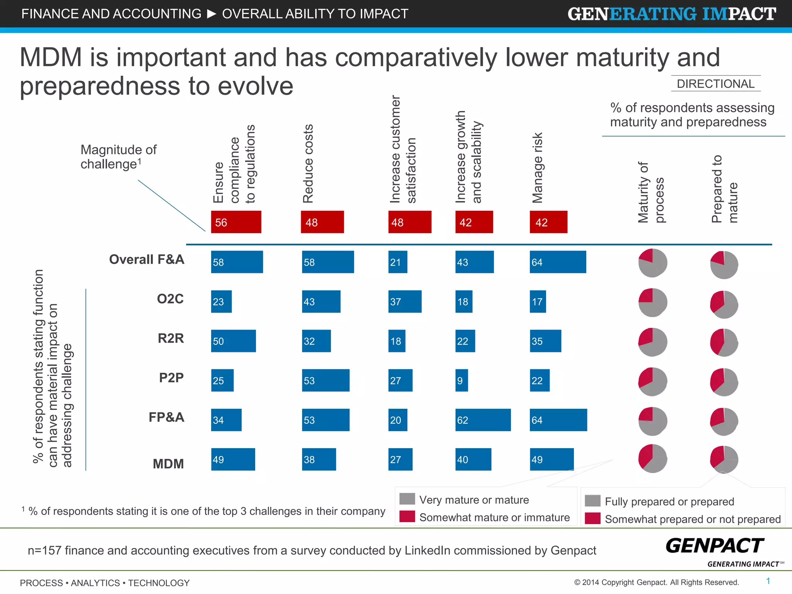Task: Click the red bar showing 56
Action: pyautogui.click(x=236, y=222)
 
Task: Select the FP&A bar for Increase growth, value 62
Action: pyautogui.click(x=483, y=420)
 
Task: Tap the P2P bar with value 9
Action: pyautogui.click(x=461, y=381)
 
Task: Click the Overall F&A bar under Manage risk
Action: pyautogui.click(x=558, y=262)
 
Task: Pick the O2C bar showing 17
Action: pyautogui.click(x=538, y=302)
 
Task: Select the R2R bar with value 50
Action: pyautogui.click(x=233, y=341)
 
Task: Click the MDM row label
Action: pyautogui.click(x=168, y=464)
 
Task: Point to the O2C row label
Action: pyautogui.click(x=170, y=299)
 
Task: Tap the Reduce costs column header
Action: pyautogui.click(x=308, y=164)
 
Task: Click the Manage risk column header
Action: pyautogui.click(x=538, y=168)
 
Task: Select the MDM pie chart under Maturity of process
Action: pyautogui.click(x=652, y=459)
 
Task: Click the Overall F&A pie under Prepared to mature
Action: pyautogui.click(x=724, y=265)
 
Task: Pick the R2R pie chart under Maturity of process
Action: pyautogui.click(x=652, y=342)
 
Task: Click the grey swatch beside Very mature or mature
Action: pyautogui.click(x=407, y=499)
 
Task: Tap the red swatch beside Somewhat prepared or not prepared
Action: pyautogui.click(x=592, y=518)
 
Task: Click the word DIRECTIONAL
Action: pyautogui.click(x=715, y=84)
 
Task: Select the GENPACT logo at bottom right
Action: pyautogui.click(x=715, y=546)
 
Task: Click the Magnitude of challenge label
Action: pyautogui.click(x=118, y=157)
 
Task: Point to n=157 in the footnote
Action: pyautogui.click(x=44, y=550)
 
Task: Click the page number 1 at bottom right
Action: pyautogui.click(x=768, y=581)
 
